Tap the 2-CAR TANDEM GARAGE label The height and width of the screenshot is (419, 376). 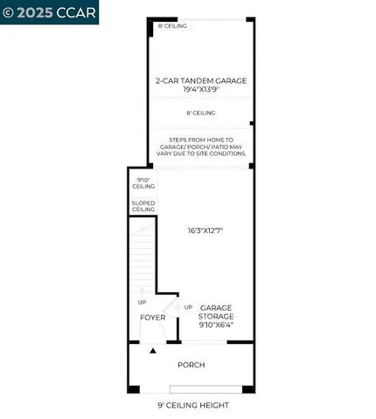[201, 80]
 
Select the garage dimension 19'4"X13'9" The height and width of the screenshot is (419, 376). [201, 90]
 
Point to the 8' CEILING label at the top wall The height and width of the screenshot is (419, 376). [174, 27]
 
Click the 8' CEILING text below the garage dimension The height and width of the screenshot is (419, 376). [201, 113]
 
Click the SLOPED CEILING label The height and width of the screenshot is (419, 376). [143, 207]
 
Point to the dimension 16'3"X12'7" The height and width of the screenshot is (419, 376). [205, 230]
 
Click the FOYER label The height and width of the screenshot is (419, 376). [153, 317]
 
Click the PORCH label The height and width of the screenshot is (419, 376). [191, 365]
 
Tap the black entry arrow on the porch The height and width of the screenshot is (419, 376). [153, 351]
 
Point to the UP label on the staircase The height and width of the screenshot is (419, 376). [142, 302]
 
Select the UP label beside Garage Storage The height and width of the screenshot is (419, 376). [188, 307]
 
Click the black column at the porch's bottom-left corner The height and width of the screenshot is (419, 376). [133, 388]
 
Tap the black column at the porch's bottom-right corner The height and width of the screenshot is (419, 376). [248, 388]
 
